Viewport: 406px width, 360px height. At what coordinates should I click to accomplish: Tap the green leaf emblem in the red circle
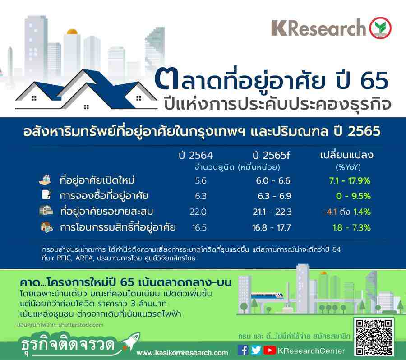[x=380, y=28]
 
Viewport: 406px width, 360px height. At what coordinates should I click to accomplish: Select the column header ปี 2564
[x=196, y=155]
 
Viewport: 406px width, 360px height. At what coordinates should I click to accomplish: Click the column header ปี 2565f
[x=271, y=155]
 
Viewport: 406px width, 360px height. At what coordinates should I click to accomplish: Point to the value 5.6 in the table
[x=201, y=180]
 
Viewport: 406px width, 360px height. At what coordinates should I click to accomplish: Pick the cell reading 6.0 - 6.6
[x=273, y=180]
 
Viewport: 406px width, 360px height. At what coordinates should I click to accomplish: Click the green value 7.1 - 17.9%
[x=350, y=180]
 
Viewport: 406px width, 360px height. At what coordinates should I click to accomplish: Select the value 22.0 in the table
[x=198, y=212]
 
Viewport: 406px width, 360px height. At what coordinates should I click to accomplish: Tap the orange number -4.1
[x=330, y=212]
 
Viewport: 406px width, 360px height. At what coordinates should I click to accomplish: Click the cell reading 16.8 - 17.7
[x=272, y=228]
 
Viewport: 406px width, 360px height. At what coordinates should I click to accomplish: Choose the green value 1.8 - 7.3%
[x=351, y=228]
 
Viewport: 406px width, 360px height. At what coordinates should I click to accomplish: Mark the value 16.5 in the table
[x=199, y=228]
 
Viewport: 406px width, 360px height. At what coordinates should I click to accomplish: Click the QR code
[x=374, y=337]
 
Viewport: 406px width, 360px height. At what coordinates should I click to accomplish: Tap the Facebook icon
[x=243, y=351]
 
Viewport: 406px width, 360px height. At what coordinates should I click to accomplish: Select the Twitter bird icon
[x=256, y=351]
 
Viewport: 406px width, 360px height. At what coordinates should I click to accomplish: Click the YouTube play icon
[x=270, y=351]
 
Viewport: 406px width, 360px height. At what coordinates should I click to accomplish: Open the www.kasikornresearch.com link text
[x=182, y=353]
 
